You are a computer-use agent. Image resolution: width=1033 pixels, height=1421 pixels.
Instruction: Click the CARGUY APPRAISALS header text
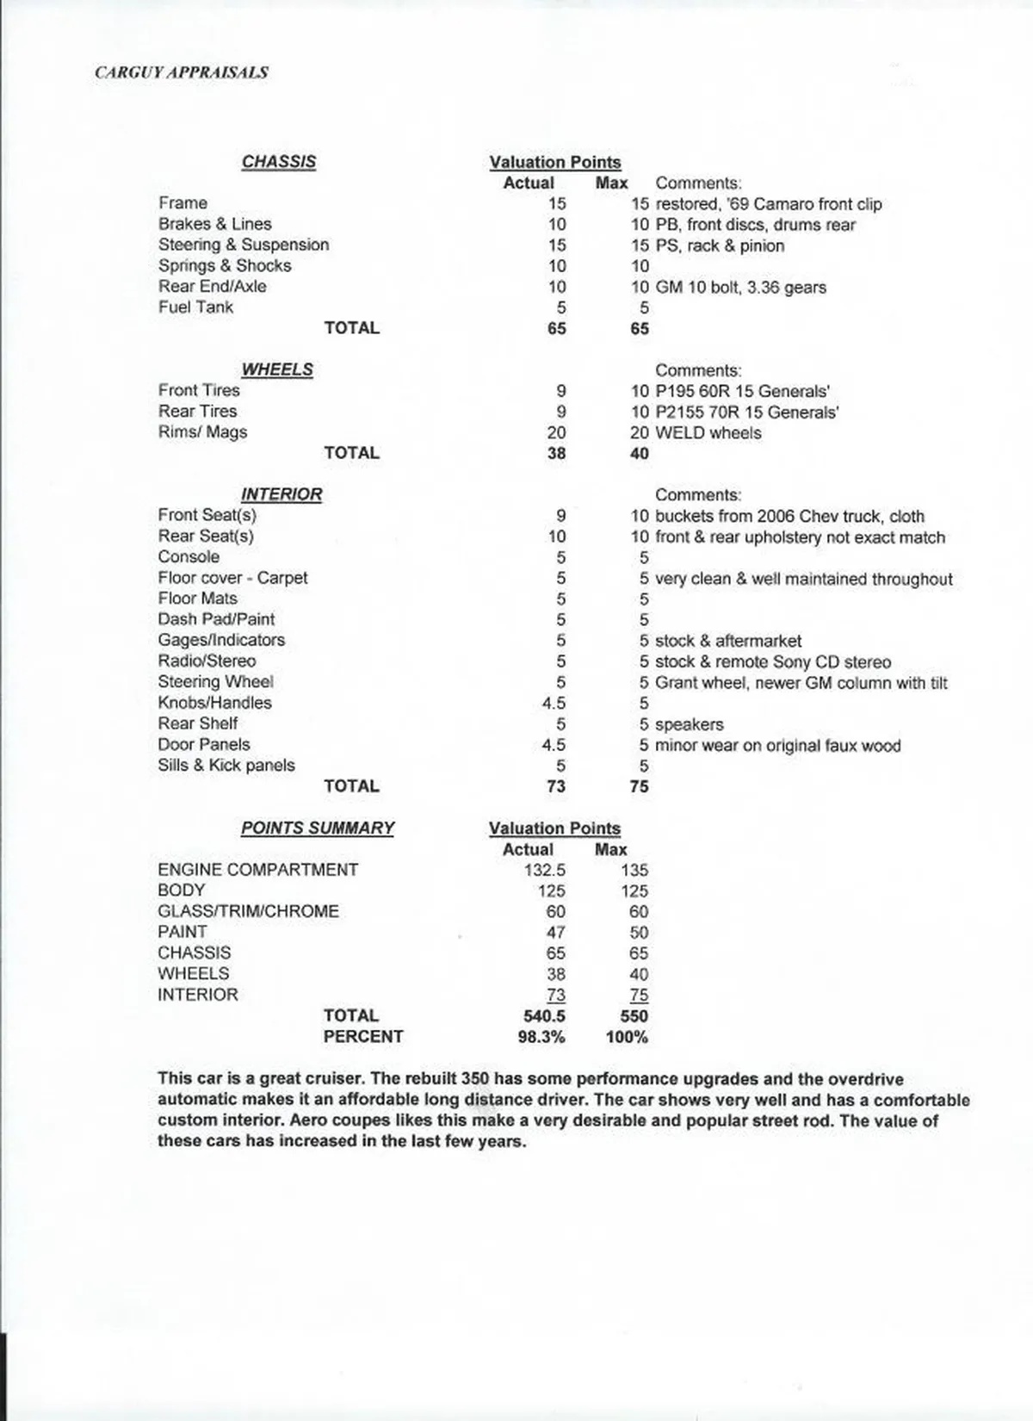(x=181, y=72)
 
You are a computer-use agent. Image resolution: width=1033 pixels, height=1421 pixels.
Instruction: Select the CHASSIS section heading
(x=278, y=162)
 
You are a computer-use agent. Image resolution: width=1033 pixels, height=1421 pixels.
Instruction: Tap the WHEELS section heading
(x=276, y=369)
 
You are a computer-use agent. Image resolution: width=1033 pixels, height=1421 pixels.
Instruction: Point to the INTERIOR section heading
(x=281, y=494)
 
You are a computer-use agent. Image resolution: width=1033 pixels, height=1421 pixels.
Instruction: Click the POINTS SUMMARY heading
(x=317, y=828)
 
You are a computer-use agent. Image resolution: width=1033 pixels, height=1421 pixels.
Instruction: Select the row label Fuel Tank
(x=195, y=307)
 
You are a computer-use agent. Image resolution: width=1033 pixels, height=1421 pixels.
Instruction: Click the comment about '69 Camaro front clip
(x=768, y=204)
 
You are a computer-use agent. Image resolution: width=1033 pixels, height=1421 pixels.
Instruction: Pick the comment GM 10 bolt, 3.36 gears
(x=740, y=288)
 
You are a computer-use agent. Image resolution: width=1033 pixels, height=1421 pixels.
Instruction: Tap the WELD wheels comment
(x=708, y=433)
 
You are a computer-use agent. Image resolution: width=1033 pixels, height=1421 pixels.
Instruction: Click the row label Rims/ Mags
(x=202, y=432)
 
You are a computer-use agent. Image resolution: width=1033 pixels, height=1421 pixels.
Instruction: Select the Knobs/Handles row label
(x=214, y=703)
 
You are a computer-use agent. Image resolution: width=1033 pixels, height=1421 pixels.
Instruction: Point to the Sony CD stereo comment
(x=772, y=662)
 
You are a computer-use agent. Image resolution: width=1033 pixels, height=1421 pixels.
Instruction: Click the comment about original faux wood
(x=777, y=746)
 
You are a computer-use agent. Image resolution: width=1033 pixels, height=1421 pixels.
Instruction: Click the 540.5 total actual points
(x=544, y=1016)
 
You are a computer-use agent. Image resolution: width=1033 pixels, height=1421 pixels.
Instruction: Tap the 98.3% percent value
(x=541, y=1037)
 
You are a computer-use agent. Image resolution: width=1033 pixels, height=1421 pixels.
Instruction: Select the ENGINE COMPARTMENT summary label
(x=257, y=870)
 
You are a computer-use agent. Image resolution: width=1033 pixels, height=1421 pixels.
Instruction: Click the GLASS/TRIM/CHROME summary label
(x=248, y=911)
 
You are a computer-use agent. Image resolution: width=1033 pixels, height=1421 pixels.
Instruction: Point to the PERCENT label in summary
(x=362, y=1037)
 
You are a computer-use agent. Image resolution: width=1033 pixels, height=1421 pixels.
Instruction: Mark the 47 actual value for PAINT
(x=555, y=933)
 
